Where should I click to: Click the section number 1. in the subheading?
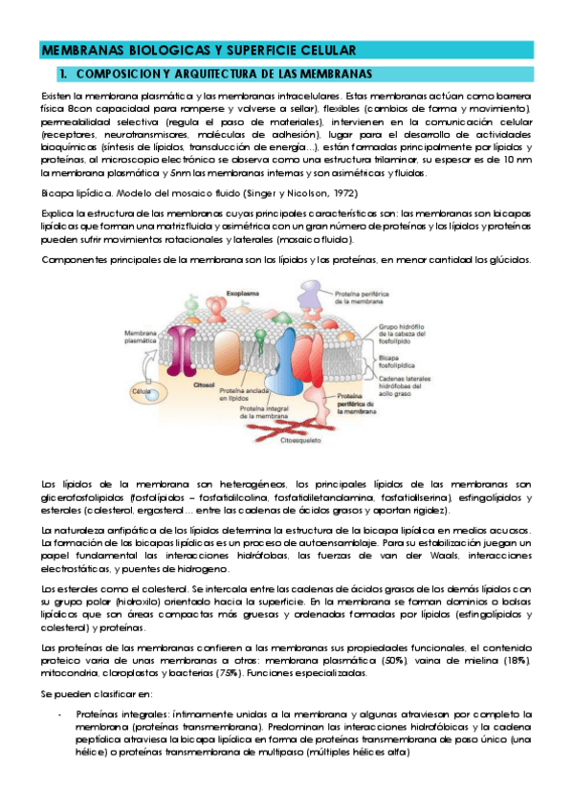(62, 74)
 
